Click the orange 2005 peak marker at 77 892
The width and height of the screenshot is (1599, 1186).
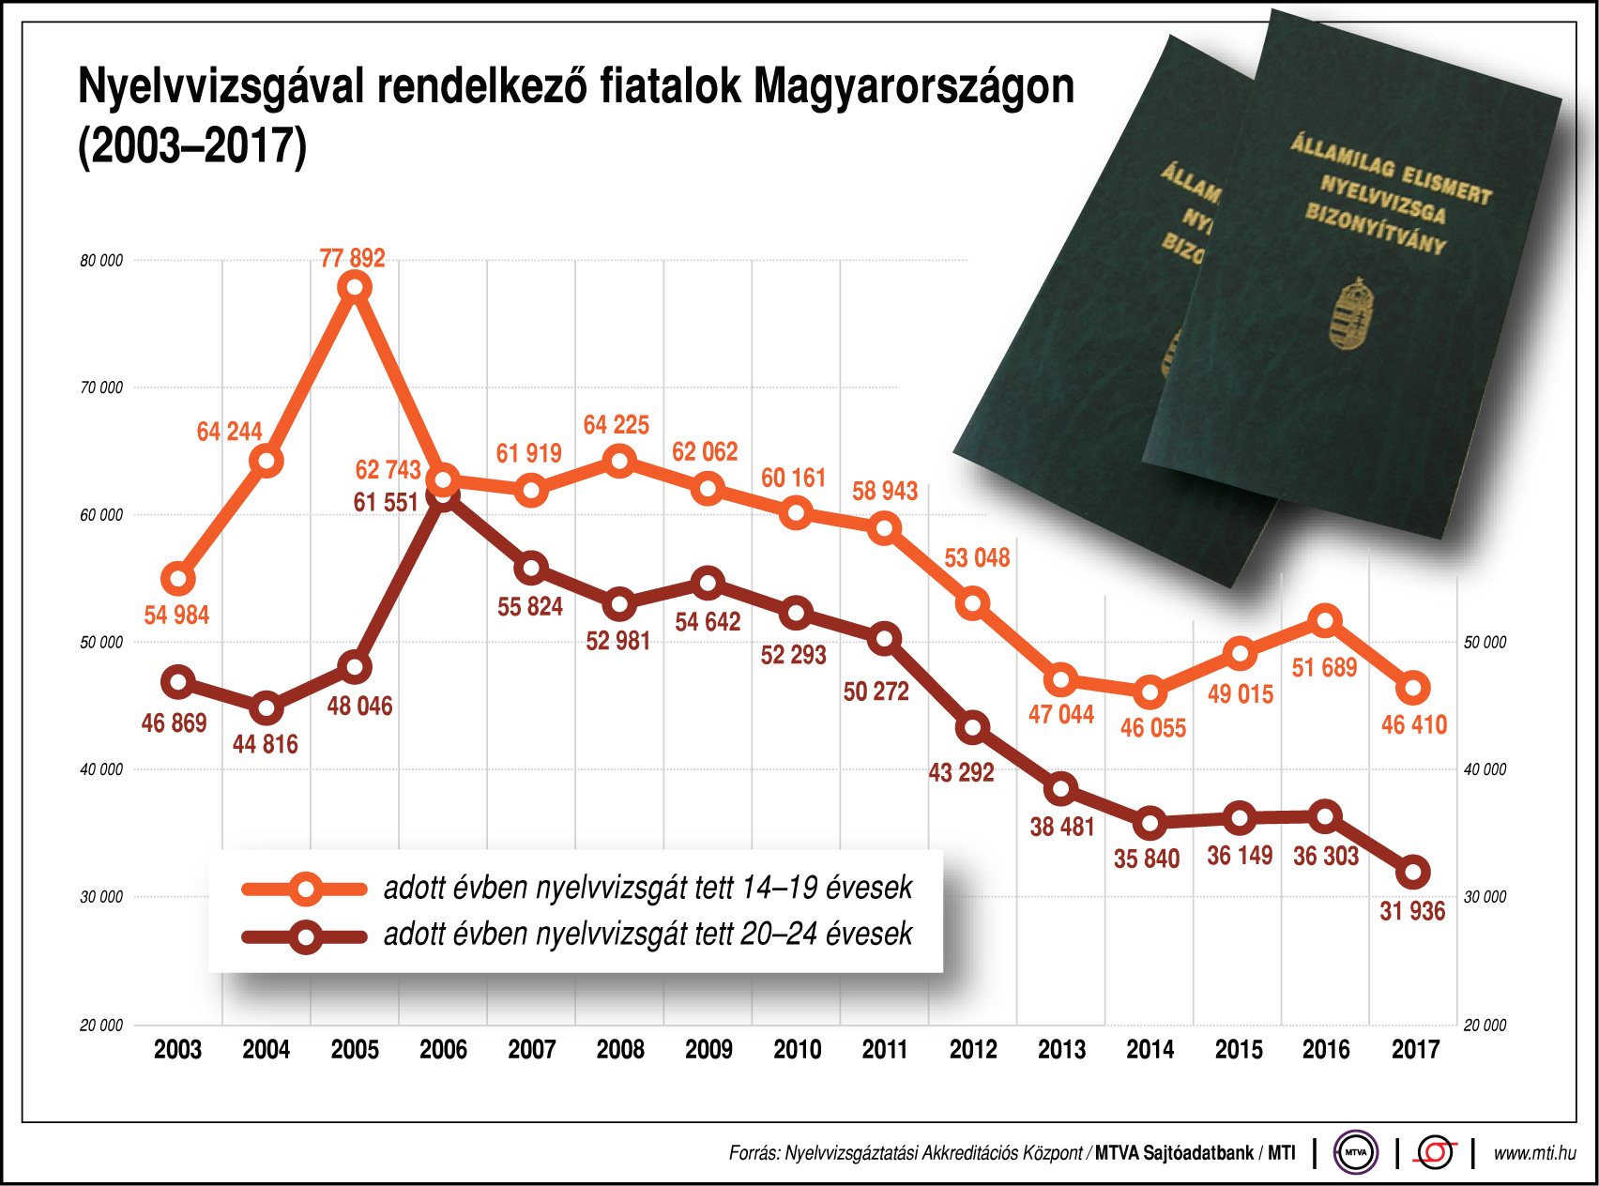click(355, 287)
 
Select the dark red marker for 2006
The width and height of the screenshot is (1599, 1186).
click(443, 497)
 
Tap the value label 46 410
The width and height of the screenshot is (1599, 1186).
click(1413, 724)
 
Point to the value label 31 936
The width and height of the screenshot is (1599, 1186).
click(1411, 911)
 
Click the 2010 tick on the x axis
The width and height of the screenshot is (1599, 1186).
click(797, 1049)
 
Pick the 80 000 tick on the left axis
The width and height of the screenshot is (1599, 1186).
click(101, 261)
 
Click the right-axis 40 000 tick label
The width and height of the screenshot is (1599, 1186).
click(1485, 769)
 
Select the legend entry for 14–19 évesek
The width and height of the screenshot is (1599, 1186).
click(647, 888)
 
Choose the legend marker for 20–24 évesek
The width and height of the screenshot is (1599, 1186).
click(306, 937)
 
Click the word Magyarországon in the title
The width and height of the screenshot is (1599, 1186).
click(914, 86)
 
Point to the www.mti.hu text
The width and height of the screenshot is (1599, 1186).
click(1533, 1152)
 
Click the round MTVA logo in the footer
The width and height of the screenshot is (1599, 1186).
click(1356, 1152)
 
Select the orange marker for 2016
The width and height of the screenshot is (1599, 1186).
click(1325, 621)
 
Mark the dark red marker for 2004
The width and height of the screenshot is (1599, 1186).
click(266, 708)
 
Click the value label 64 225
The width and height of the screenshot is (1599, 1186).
click(616, 425)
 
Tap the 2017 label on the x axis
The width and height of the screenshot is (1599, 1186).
click(1414, 1049)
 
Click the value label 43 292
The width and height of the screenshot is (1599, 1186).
click(961, 772)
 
